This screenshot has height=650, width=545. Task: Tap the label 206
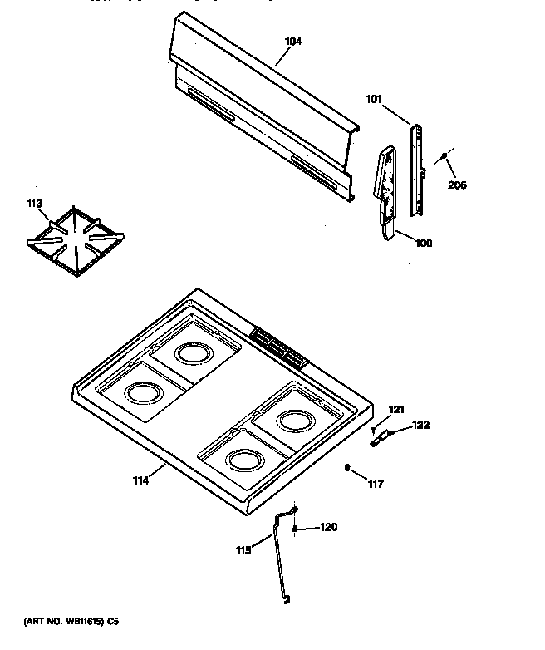pos(456,185)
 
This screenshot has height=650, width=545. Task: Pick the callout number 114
pos(139,480)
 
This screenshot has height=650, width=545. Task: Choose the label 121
pos(396,409)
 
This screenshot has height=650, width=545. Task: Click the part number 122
pos(421,426)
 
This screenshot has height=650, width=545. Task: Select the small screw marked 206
pos(445,156)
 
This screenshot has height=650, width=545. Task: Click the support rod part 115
pos(278,557)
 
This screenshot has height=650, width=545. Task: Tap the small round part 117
pos(347,468)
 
